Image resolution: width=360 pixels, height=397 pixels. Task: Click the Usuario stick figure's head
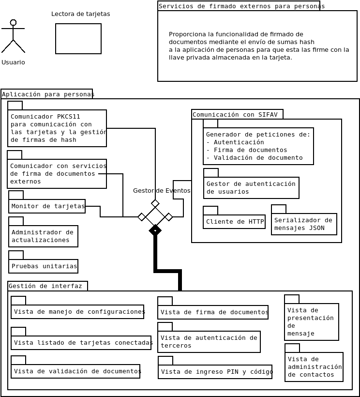(13, 22)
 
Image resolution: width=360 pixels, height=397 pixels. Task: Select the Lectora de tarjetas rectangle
(78, 39)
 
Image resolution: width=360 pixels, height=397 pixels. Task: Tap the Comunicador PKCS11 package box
(57, 128)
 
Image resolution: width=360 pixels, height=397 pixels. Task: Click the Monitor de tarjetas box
(47, 206)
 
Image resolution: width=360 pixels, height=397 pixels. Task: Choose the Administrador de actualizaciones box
(43, 236)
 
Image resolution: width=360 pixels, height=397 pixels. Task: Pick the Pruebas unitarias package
(44, 266)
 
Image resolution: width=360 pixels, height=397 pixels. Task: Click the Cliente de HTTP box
(234, 222)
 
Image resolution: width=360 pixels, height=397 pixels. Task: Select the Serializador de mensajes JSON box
(304, 224)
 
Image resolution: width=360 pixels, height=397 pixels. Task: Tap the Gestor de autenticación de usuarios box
(251, 188)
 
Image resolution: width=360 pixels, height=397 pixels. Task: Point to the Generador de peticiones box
(258, 146)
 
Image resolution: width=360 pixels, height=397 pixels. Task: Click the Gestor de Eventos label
(162, 191)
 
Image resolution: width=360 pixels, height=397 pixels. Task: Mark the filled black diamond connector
(155, 230)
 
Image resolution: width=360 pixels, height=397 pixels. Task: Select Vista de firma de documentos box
(213, 312)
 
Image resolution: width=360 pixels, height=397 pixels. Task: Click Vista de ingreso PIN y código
(215, 372)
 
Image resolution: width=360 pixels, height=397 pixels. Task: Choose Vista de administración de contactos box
(314, 367)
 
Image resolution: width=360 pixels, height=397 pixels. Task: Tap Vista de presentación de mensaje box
(312, 322)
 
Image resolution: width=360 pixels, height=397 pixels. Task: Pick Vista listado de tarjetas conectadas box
(81, 343)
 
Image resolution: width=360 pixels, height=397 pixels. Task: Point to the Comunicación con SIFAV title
(235, 115)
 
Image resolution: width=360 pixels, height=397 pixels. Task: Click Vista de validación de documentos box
(75, 371)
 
